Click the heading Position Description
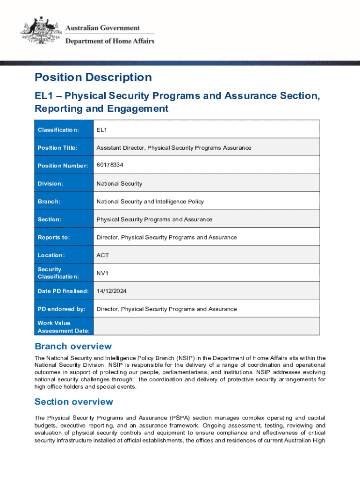[x=93, y=77]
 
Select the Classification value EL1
[x=102, y=130]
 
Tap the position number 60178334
[x=110, y=165]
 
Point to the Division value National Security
[x=119, y=183]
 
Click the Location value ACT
[x=103, y=255]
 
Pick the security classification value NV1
[x=102, y=273]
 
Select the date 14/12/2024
[x=111, y=291]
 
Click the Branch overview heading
[x=73, y=347]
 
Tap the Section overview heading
[x=74, y=402]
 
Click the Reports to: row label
[x=54, y=237]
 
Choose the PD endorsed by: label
[x=61, y=309]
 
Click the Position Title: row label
[x=58, y=148]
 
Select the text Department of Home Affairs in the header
[x=109, y=41]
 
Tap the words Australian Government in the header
[x=102, y=29]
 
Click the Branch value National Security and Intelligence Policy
[x=150, y=202]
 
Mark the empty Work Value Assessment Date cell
[x=207, y=327]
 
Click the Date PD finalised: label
[x=63, y=291]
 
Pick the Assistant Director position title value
[x=173, y=148]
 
